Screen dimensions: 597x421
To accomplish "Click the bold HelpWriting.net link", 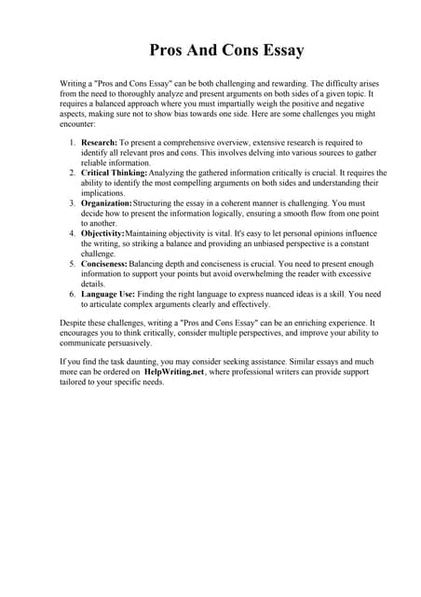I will coord(178,371).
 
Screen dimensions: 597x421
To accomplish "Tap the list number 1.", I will coord(74,142).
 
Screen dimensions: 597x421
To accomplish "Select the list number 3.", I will coord(74,202).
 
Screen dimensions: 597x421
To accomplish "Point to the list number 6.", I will coord(74,294).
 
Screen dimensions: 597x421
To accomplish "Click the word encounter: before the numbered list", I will coord(79,123).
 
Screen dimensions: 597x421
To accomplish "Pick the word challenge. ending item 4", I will coord(99,253).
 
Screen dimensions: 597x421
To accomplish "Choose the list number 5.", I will coord(74,264).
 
